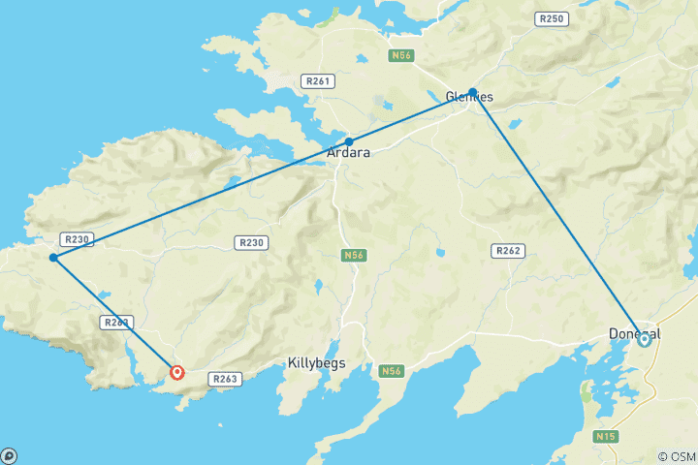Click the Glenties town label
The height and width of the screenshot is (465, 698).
(x=469, y=97)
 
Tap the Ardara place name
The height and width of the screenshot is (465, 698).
(x=350, y=153)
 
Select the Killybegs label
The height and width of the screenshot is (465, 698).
(x=317, y=363)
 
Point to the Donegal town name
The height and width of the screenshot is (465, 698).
(x=634, y=332)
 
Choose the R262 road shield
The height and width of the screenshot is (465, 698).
(x=509, y=251)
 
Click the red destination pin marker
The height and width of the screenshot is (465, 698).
(x=176, y=372)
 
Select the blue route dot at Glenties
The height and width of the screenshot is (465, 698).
(x=472, y=93)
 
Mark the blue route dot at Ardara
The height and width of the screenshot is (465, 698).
(x=349, y=141)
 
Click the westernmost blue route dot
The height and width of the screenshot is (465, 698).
(x=54, y=258)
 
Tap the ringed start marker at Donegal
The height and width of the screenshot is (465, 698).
(x=644, y=339)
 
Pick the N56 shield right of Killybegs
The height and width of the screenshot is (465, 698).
(x=391, y=371)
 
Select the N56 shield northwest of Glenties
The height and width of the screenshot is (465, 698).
(x=401, y=56)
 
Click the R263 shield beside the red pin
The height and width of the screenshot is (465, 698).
(x=225, y=380)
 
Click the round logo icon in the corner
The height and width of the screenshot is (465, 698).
(x=9, y=455)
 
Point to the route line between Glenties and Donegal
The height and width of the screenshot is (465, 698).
(x=557, y=215)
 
